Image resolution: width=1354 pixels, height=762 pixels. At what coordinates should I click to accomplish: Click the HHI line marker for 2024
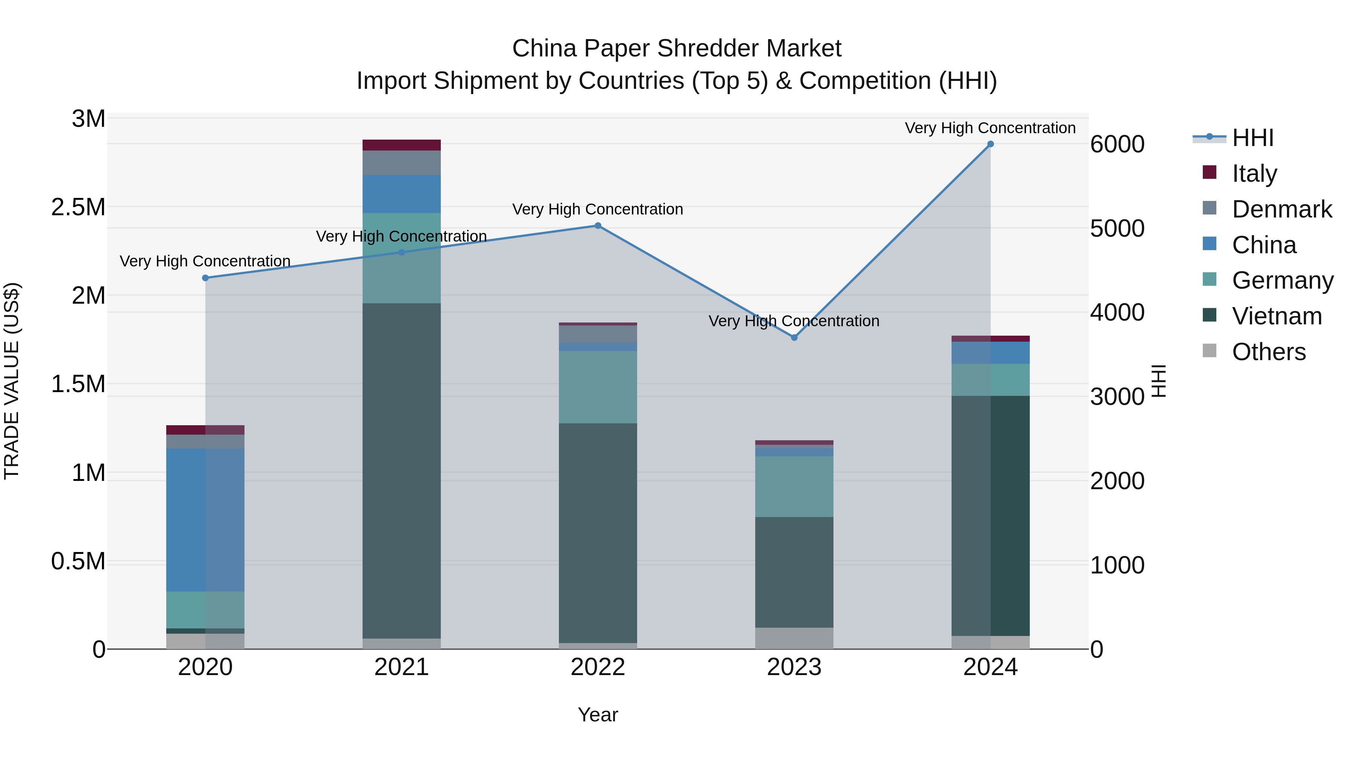click(x=990, y=144)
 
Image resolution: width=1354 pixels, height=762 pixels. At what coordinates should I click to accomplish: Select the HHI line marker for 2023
click(x=794, y=338)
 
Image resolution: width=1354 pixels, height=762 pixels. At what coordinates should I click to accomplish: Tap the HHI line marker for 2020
click(x=205, y=278)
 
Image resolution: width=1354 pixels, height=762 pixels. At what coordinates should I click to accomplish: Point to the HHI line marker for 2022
click(x=598, y=226)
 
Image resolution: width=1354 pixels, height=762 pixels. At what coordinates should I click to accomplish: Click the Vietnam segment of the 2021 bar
click(x=402, y=471)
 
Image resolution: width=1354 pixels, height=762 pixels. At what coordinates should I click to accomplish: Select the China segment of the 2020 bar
click(x=205, y=520)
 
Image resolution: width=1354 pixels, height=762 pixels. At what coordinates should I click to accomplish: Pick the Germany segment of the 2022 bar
click(x=598, y=388)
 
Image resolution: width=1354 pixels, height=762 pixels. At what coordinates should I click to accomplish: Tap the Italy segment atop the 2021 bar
click(x=402, y=145)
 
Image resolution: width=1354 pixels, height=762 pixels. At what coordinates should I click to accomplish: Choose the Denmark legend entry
click(x=1281, y=209)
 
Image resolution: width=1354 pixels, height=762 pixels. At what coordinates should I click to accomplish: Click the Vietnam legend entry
click(x=1276, y=316)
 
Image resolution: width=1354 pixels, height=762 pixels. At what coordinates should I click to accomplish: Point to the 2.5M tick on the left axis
click(x=78, y=207)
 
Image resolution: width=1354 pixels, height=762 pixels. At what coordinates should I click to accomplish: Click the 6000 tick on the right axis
click(x=1117, y=144)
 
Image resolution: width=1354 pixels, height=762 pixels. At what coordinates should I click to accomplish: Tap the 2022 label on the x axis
click(x=598, y=667)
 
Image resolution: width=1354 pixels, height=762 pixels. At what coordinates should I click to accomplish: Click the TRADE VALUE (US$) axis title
click(x=12, y=381)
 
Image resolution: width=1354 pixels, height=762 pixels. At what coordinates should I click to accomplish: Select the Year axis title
click(x=598, y=715)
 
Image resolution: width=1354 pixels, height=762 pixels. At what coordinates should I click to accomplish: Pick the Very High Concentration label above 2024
click(x=990, y=128)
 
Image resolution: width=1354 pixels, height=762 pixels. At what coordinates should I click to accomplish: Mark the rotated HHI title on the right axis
click(x=1158, y=381)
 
